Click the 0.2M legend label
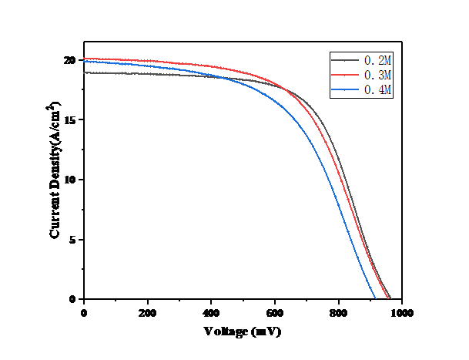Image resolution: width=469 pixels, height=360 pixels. coord(378,59)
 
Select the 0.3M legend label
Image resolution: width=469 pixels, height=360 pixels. coord(378,75)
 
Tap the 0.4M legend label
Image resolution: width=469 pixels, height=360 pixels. coord(378,90)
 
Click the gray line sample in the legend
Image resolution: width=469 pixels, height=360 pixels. coord(346,59)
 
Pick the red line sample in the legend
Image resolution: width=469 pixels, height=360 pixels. coord(346,75)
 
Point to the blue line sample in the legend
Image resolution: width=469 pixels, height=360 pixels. coord(346,90)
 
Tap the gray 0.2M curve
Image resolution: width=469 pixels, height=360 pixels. coord(154,74)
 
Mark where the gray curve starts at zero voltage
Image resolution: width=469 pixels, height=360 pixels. coord(84,72)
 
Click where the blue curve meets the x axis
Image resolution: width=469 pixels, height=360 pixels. coord(375,299)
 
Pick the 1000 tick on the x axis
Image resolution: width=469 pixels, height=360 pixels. coord(400,313)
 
